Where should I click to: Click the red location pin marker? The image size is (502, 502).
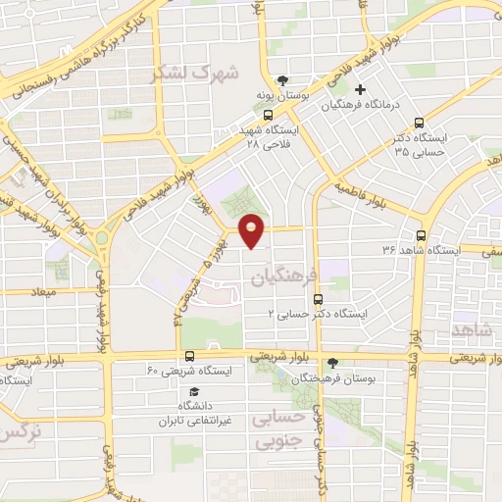(x=252, y=230)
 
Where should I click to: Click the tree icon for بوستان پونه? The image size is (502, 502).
(x=283, y=79)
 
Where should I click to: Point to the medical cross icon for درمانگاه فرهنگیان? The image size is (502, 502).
(x=361, y=90)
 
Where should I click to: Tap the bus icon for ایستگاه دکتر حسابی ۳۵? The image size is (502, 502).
(x=420, y=124)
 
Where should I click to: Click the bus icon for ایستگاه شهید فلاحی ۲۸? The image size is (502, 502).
(x=269, y=115)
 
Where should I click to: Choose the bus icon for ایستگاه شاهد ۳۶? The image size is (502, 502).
(x=421, y=235)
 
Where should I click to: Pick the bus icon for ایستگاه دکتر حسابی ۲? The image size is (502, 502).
(x=317, y=300)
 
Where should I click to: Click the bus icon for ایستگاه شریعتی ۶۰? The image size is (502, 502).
(x=188, y=357)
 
